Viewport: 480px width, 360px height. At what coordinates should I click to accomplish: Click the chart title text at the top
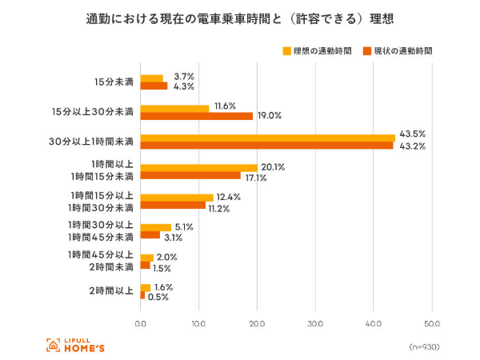coord(239,18)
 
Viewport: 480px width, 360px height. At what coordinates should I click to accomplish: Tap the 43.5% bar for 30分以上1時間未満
coord(267,138)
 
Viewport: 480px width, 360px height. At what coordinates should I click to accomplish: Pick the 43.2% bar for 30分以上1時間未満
coord(266,146)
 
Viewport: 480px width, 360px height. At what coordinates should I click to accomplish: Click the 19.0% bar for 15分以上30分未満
coord(196,116)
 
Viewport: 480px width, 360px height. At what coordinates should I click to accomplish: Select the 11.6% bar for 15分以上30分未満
coord(174,108)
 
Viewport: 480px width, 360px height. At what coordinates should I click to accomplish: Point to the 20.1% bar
coord(198,167)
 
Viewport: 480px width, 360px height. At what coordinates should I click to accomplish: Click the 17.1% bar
coord(190,175)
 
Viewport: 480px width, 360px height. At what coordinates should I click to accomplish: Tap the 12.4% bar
coord(176,197)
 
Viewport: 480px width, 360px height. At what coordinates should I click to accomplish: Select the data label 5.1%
coord(183,226)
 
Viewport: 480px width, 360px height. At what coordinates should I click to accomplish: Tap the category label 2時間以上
coord(111,291)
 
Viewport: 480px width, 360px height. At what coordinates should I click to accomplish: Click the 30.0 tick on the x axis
coord(315,323)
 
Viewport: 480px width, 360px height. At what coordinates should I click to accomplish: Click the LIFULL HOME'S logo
coord(75,345)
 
